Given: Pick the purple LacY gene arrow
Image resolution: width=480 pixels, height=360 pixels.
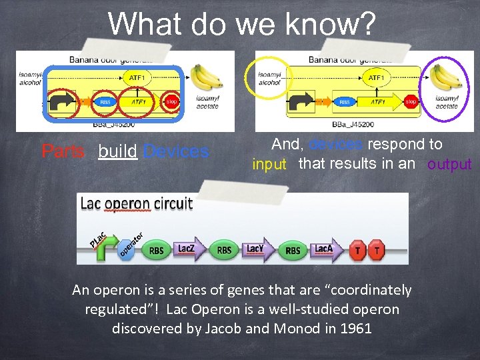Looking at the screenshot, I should [257, 249].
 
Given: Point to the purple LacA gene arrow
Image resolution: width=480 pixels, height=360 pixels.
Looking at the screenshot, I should [325, 249].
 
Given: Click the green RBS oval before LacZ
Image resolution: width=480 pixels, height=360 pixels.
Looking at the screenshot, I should [156, 251].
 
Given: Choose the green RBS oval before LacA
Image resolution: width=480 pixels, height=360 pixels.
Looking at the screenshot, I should [292, 251].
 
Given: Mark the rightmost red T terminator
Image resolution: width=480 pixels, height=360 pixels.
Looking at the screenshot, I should [377, 250].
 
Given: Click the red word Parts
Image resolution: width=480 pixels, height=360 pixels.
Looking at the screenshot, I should [63, 151].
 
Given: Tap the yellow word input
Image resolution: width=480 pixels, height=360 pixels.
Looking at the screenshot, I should [269, 165].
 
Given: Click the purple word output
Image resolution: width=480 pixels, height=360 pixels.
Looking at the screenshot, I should [449, 165].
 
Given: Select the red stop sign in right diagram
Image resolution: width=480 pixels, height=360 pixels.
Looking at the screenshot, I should [411, 102].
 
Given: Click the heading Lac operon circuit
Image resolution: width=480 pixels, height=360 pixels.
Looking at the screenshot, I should [136, 204].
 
